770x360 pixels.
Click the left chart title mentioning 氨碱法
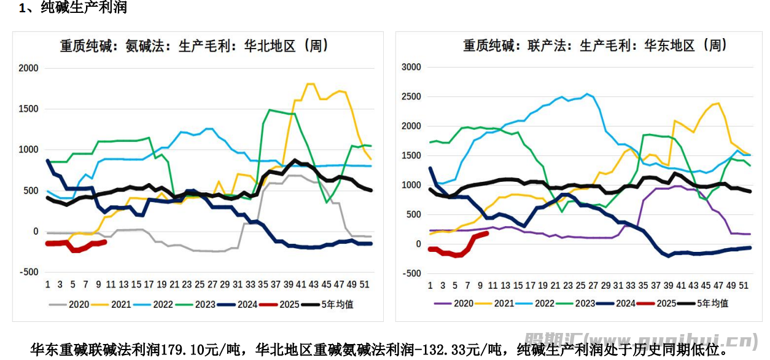pyautogui.click(x=194, y=46)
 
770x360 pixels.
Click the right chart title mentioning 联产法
pyautogui.click(x=595, y=45)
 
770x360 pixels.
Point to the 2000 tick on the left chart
pyautogui.click(x=28, y=68)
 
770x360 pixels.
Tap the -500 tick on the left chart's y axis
pyautogui.click(x=28, y=272)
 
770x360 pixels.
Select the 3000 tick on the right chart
pyautogui.click(x=411, y=67)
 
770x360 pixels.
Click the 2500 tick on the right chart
pyautogui.click(x=411, y=96)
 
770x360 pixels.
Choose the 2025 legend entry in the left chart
pyautogui.click(x=288, y=304)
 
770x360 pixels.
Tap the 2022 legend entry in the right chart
pyautogui.click(x=544, y=303)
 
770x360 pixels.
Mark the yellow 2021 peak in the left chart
pyautogui.click(x=310, y=84)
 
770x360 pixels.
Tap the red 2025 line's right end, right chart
pyautogui.click(x=487, y=233)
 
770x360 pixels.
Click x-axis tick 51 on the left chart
pyautogui.click(x=364, y=284)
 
